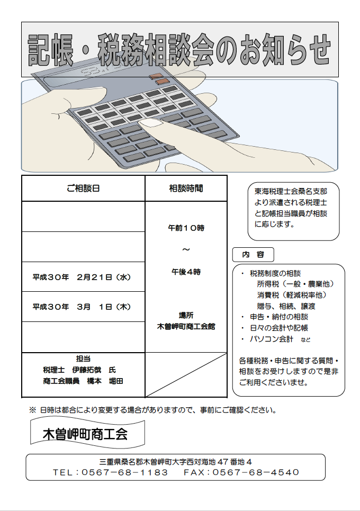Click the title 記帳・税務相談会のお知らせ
click(x=179, y=50)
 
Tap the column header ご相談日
click(x=83, y=189)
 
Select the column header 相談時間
click(x=186, y=189)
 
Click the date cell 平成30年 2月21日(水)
click(x=82, y=277)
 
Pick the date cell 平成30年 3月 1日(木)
click(x=82, y=307)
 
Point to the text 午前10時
click(x=186, y=228)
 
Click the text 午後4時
click(x=186, y=272)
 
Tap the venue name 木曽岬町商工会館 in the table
click(x=186, y=327)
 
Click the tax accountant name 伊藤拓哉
click(x=87, y=370)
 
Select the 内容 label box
click(x=253, y=255)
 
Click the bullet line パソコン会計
click(x=272, y=339)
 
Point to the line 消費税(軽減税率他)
click(x=292, y=295)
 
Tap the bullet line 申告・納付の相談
click(x=279, y=317)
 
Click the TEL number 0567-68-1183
click(x=124, y=472)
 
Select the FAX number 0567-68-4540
click(x=256, y=472)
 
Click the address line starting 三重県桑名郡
click(x=176, y=462)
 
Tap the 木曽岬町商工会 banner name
click(x=85, y=434)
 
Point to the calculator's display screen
click(x=98, y=70)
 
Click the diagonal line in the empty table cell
click(x=186, y=375)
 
